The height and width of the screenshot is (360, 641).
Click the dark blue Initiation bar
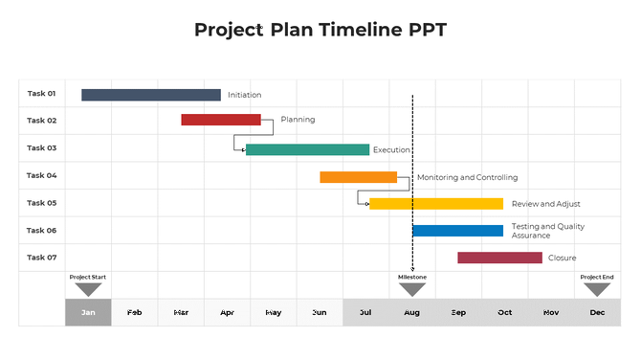click(151, 95)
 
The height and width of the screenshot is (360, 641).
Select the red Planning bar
click(221, 120)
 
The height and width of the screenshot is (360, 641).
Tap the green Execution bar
click(307, 149)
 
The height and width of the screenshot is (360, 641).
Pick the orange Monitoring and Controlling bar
click(358, 177)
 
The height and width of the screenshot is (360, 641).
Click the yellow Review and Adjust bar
click(436, 204)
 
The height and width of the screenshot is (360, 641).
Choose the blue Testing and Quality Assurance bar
click(457, 231)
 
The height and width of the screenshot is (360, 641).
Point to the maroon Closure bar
click(499, 258)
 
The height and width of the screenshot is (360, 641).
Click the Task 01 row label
click(42, 94)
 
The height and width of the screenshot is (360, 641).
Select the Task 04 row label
click(42, 175)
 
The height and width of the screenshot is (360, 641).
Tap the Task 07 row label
click(42, 258)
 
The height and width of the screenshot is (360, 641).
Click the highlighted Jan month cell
click(88, 312)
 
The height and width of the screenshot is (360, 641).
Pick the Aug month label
click(412, 312)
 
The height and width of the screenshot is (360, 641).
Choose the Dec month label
click(597, 312)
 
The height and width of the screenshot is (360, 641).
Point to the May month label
click(274, 312)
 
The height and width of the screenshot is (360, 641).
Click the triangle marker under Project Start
click(88, 288)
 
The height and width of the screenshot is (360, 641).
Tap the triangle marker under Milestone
click(412, 288)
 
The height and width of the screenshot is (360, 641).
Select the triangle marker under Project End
click(597, 288)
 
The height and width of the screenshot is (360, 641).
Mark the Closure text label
click(562, 258)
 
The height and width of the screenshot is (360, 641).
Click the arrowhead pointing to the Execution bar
click(242, 149)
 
